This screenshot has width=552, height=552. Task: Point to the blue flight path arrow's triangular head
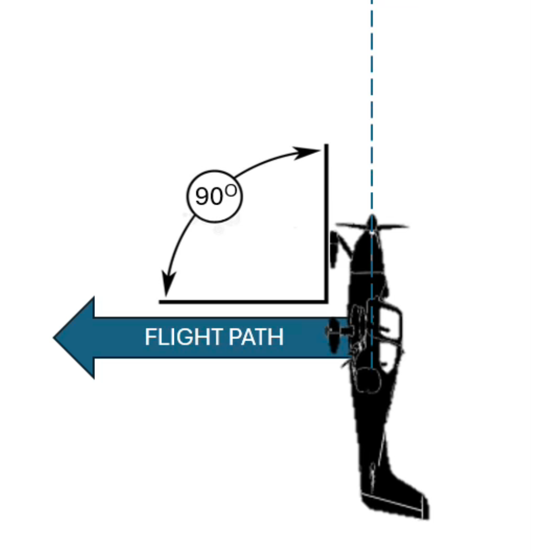pyautogui.click(x=75, y=337)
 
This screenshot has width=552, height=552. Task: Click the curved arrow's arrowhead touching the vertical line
pyautogui.click(x=306, y=152)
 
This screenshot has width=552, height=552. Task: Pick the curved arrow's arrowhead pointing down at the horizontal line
pyautogui.click(x=167, y=286)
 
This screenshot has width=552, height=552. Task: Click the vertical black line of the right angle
pyautogui.click(x=327, y=221)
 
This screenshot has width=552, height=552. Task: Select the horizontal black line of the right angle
pyautogui.click(x=243, y=301)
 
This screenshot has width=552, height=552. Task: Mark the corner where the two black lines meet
pyautogui.click(x=327, y=301)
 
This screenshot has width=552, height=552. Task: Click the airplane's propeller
pyautogui.click(x=372, y=226)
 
